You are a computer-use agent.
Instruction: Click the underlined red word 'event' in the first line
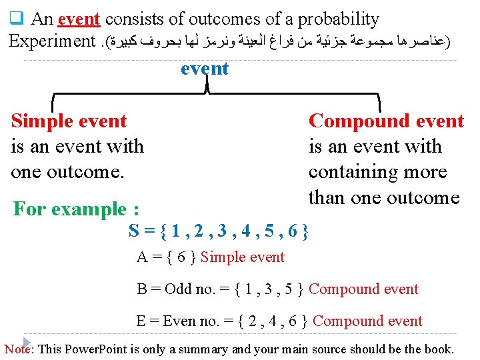pyautogui.click(x=79, y=19)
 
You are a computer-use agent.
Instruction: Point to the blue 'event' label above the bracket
pyautogui.click(x=205, y=69)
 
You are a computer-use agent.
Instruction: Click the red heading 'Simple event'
pyautogui.click(x=69, y=121)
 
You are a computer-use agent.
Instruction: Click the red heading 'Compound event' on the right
pyautogui.click(x=386, y=121)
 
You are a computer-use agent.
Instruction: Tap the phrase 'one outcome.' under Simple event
pyautogui.click(x=67, y=171)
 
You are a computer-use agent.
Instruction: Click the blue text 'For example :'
pyautogui.click(x=76, y=209)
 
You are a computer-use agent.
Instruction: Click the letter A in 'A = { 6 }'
pyautogui.click(x=142, y=257)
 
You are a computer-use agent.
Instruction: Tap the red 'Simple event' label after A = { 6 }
pyautogui.click(x=243, y=257)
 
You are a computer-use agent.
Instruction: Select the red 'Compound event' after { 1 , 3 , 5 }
pyautogui.click(x=364, y=289)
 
